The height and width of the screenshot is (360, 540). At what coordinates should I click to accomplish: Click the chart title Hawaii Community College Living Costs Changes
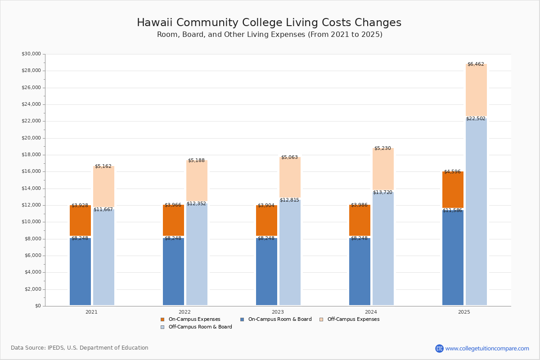pyautogui.click(x=269, y=23)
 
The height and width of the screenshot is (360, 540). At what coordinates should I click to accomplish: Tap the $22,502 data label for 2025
pyautogui.click(x=476, y=118)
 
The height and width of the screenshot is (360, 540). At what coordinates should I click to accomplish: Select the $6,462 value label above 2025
pyautogui.click(x=476, y=64)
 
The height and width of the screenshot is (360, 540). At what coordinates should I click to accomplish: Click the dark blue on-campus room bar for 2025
pyautogui.click(x=453, y=256)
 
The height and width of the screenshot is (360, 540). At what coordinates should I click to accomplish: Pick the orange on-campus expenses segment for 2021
pyautogui.click(x=80, y=220)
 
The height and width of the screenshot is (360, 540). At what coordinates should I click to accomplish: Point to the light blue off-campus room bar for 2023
pyautogui.click(x=290, y=252)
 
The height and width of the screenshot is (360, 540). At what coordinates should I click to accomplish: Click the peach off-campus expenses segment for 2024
pyautogui.click(x=383, y=169)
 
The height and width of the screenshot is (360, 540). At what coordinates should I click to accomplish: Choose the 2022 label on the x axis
pyautogui.click(x=184, y=312)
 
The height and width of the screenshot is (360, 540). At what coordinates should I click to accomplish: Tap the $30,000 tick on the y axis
pyautogui.click(x=31, y=54)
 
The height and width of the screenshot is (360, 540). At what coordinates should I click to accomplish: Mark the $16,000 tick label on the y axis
pyautogui.click(x=31, y=171)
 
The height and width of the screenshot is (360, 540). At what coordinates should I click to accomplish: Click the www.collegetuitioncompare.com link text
pyautogui.click(x=487, y=348)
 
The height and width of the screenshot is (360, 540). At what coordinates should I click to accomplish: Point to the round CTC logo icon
pyautogui.click(x=439, y=348)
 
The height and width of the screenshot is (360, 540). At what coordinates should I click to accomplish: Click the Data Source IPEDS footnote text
pyautogui.click(x=80, y=348)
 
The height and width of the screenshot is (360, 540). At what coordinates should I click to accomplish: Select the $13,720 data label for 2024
pyautogui.click(x=382, y=193)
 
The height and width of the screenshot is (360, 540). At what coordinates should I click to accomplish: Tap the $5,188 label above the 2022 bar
pyautogui.click(x=196, y=161)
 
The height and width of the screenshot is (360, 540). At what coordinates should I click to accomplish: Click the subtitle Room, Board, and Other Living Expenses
pyautogui.click(x=269, y=35)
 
